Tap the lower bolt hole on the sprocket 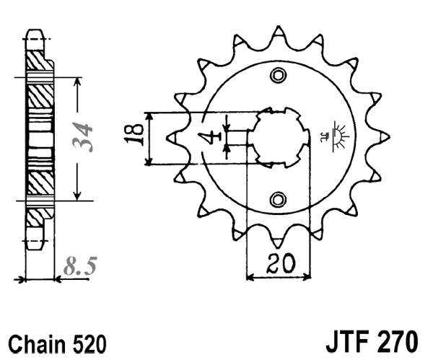click(277, 198)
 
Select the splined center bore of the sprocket click(278, 137)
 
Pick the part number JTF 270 click(367, 341)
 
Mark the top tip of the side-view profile click(35, 32)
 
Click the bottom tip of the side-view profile click(35, 245)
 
